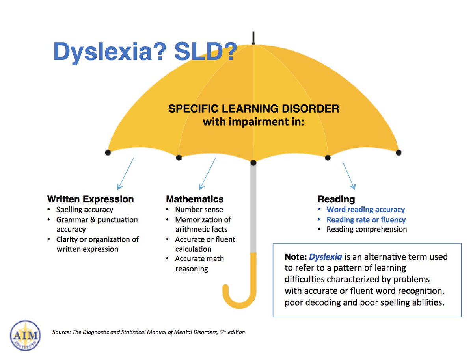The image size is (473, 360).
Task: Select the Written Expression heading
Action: [91, 199]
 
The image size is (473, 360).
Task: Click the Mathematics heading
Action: [195, 199]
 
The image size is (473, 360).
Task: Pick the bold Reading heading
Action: [336, 199]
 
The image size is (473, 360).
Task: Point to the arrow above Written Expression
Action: [125, 173]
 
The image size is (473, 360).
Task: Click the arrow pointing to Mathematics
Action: [207, 173]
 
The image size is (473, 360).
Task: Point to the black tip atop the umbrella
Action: [253, 38]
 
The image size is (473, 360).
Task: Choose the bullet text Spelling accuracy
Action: [85, 210]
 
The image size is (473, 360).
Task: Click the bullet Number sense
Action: [199, 210]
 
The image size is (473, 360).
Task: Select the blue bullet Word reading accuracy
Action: [366, 210]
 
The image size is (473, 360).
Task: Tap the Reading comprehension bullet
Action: [367, 229]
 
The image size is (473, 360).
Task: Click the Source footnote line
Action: [149, 332]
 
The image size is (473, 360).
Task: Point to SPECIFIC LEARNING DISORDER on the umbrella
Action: [253, 109]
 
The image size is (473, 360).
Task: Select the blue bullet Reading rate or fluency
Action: [366, 219]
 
